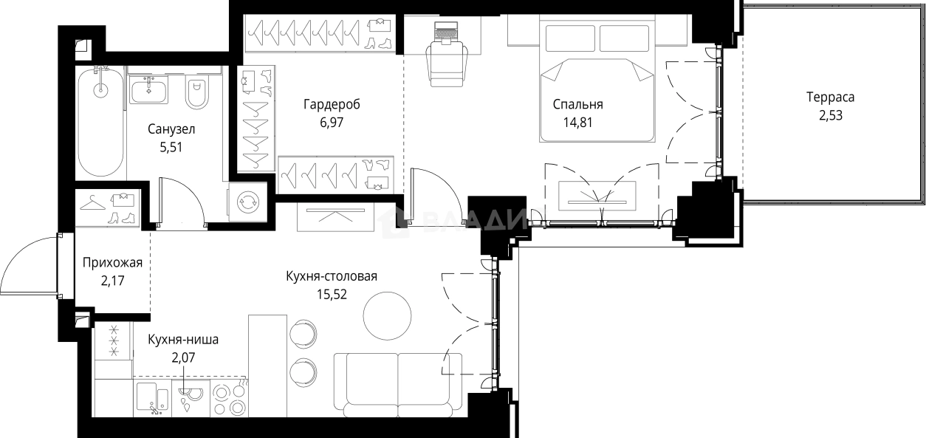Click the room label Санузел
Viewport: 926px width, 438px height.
[171, 129]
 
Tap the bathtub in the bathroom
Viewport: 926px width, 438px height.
[100, 122]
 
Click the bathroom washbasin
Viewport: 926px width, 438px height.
[150, 90]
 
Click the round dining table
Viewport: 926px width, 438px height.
[387, 314]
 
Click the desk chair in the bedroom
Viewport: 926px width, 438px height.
[448, 62]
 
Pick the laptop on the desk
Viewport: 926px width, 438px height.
[446, 32]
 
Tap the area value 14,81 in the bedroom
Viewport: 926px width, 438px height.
[578, 122]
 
